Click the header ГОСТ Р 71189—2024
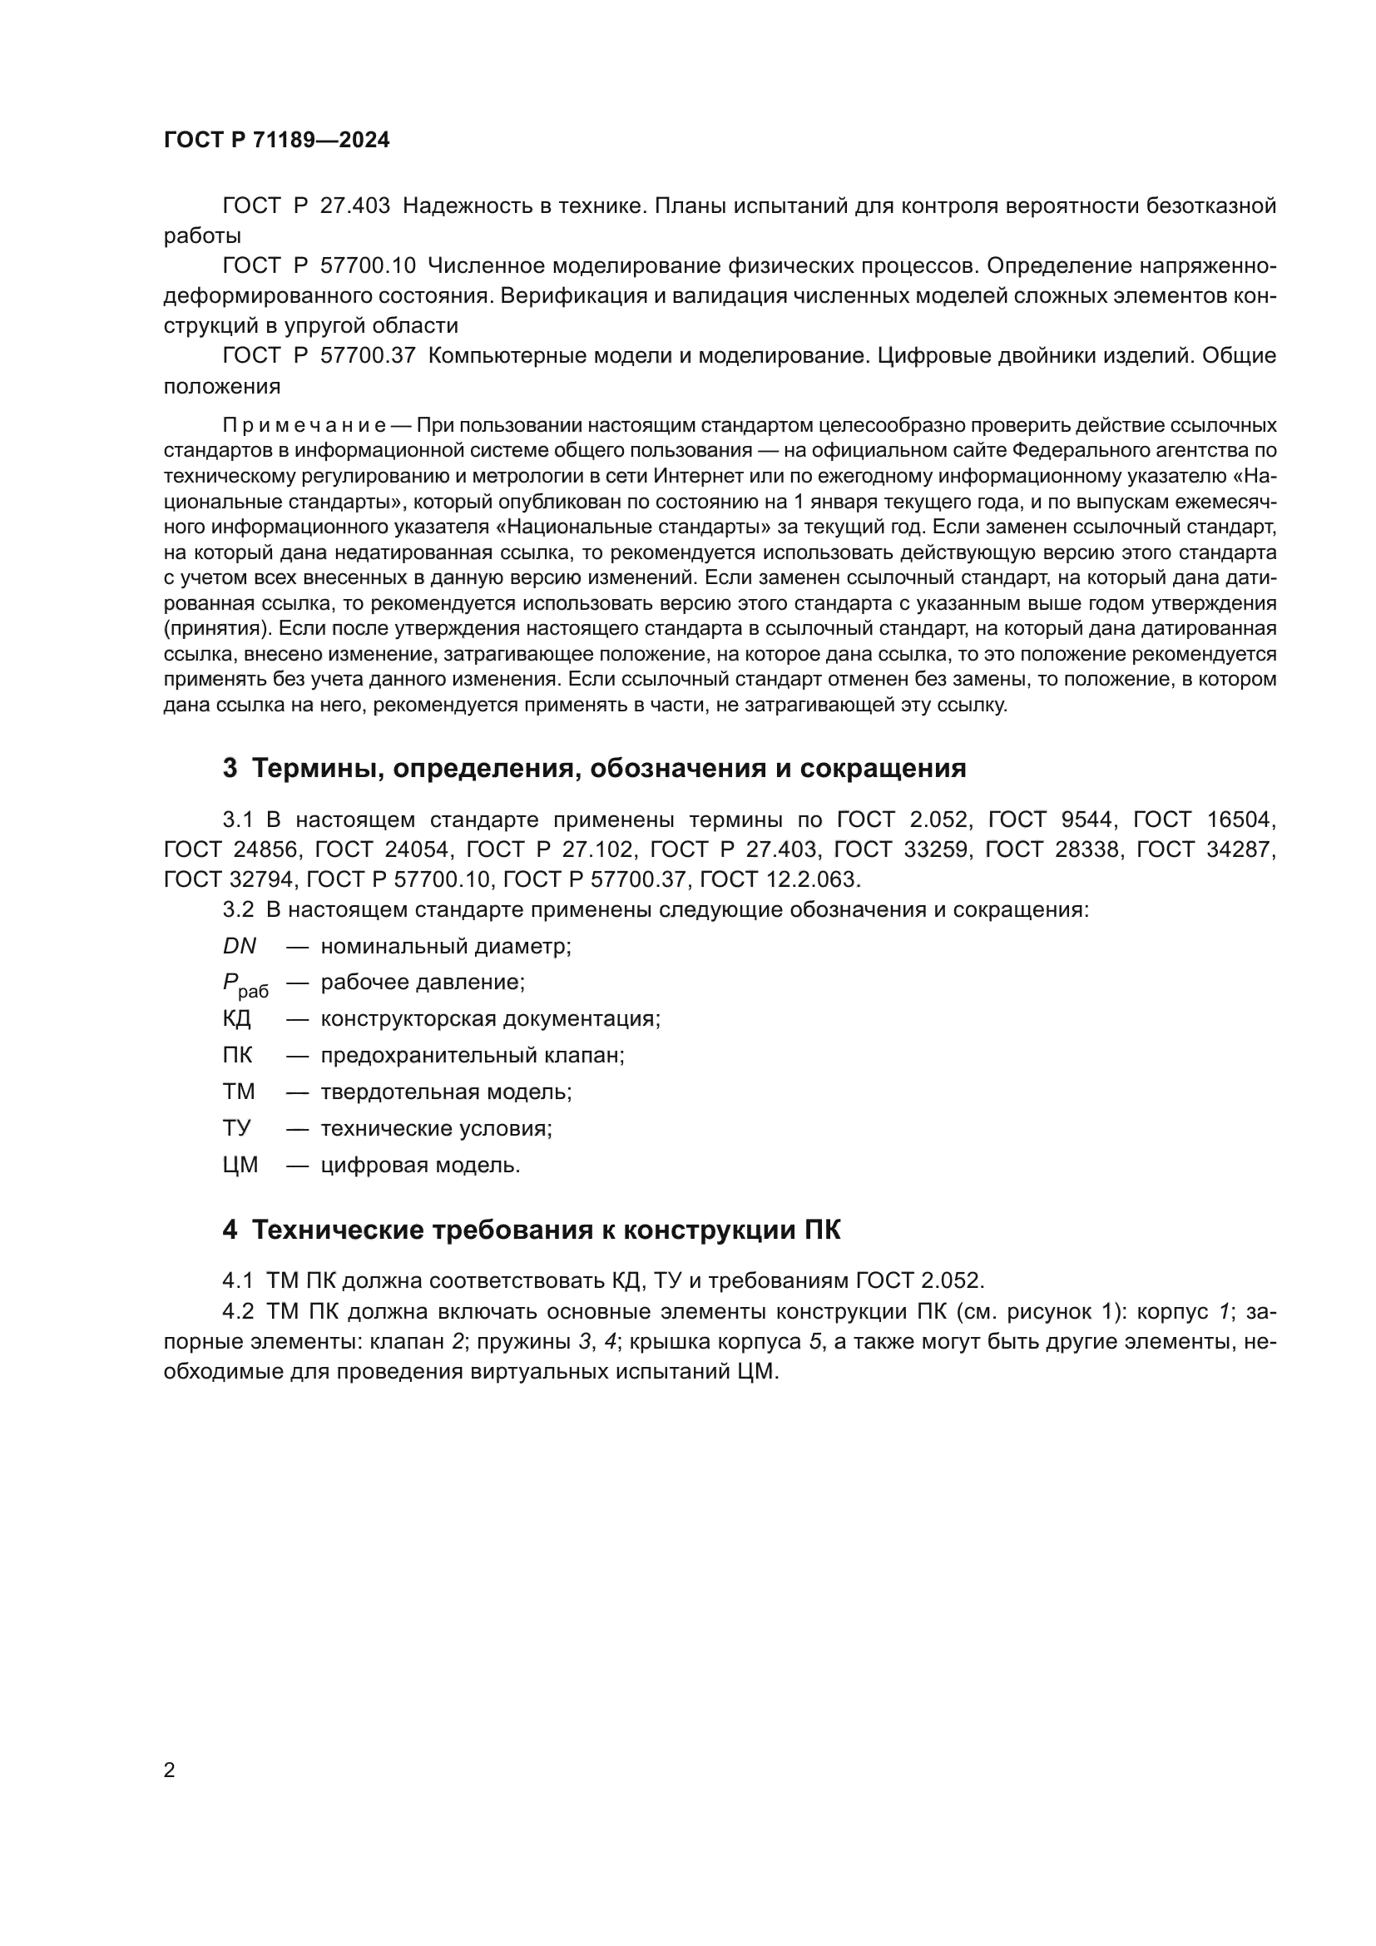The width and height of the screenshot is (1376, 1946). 276,141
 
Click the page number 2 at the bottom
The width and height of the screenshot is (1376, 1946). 170,1770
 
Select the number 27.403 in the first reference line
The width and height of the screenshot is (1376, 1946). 355,206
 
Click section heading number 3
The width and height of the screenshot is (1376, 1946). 230,769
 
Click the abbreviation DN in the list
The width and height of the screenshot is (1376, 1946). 239,946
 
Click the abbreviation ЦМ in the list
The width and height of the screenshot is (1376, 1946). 240,1166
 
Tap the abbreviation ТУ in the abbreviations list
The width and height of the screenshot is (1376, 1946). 236,1128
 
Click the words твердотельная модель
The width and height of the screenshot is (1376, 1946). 446,1092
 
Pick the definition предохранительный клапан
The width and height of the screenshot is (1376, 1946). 472,1055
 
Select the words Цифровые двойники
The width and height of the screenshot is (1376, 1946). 961,356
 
